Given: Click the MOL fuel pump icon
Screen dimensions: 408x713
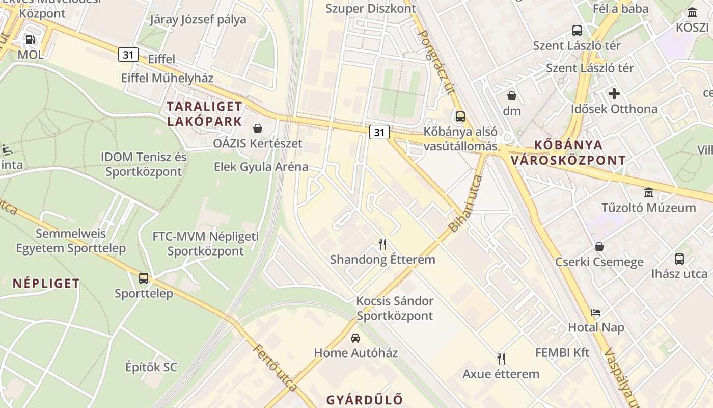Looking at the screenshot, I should click(30, 39).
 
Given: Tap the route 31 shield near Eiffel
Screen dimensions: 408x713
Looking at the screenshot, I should click(128, 54).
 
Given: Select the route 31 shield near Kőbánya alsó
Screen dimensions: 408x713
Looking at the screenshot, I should click(379, 132).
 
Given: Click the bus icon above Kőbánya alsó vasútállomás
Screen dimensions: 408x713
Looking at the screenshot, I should click(460, 116).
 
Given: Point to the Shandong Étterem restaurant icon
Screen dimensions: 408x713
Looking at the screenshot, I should click(382, 244).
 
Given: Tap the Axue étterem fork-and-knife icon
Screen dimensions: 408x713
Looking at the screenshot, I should click(501, 359).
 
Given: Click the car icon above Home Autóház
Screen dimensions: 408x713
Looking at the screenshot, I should click(355, 338).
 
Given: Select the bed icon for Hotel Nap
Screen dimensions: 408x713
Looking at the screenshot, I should click(596, 312).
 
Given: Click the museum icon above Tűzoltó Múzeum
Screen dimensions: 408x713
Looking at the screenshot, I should click(649, 193).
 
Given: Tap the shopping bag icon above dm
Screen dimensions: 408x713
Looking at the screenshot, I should click(512, 95).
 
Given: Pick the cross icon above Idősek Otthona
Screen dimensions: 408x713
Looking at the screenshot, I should click(614, 94).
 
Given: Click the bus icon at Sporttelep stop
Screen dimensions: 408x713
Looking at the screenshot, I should click(144, 278).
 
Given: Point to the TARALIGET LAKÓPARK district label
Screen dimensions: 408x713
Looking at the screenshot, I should click(205, 114).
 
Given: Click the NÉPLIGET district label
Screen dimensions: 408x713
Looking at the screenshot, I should click(46, 283).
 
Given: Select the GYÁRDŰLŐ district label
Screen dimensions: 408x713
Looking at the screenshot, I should click(365, 399).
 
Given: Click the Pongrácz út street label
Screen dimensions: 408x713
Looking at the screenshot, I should click(435, 62).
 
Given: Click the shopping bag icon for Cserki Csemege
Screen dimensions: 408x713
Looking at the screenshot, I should click(599, 247).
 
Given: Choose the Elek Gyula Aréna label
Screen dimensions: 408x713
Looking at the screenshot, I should click(261, 167).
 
